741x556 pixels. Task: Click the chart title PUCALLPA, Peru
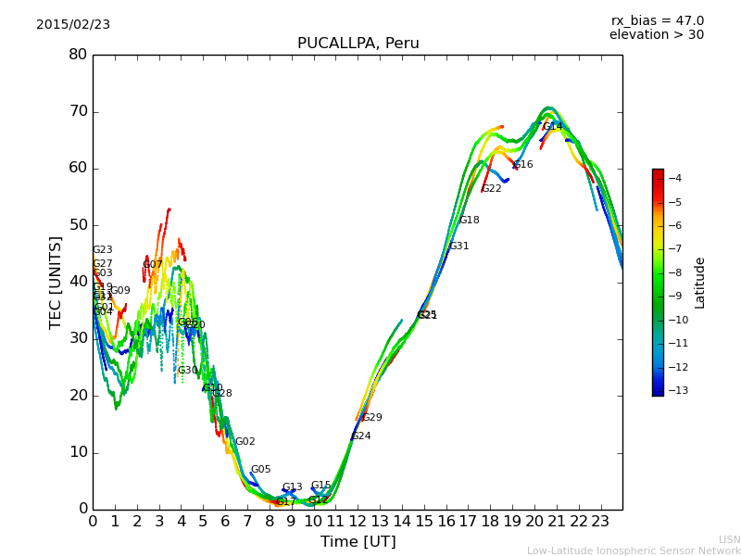pos(358,44)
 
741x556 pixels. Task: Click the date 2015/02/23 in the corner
pos(73,25)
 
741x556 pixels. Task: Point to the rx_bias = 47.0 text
pos(657,21)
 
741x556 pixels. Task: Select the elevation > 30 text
pos(656,35)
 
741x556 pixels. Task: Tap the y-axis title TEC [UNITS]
pos(56,282)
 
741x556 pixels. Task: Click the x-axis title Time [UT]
pos(358,542)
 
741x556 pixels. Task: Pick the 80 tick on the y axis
pos(78,55)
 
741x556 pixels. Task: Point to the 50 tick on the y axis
pos(78,225)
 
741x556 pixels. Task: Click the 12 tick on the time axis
pos(358,522)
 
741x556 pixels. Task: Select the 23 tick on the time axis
pos(600,522)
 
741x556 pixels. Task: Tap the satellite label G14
pos(553,127)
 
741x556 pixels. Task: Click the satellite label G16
pos(523,165)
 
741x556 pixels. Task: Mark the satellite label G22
pos(492,189)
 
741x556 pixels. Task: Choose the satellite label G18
pos(470,221)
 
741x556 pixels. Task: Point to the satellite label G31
pos(459,246)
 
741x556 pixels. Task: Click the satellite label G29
pos(372,418)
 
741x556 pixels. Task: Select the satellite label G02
pos(245,442)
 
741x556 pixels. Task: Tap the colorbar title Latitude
pos(700,282)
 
